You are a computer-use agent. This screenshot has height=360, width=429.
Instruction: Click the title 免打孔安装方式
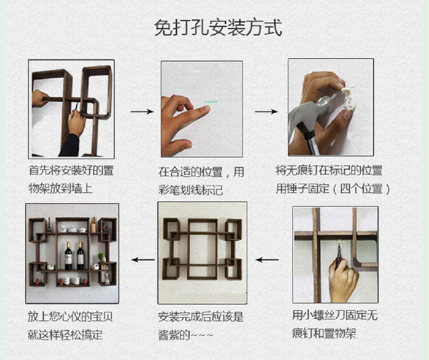[x=218, y=27]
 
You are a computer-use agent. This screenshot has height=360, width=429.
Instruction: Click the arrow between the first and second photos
[x=142, y=112]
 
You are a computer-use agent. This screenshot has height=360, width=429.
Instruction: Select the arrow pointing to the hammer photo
[x=266, y=112]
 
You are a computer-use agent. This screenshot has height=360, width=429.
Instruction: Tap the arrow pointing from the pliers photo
[x=267, y=259]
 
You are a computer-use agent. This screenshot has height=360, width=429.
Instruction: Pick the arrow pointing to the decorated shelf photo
[x=143, y=259]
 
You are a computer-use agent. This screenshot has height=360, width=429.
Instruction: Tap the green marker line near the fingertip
[x=210, y=102]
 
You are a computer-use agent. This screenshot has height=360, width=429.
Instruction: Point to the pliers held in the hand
[x=339, y=256]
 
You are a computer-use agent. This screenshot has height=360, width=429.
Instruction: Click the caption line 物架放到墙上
[x=61, y=189]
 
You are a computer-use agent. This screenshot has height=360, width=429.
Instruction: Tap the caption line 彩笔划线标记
[x=190, y=190]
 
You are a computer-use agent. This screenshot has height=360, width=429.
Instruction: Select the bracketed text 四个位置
[x=361, y=189]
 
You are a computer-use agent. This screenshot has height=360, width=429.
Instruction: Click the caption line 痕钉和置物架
[x=324, y=333]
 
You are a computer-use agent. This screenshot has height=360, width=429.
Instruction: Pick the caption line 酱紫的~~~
[x=185, y=335]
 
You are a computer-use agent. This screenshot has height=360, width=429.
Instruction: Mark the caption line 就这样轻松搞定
[x=65, y=335]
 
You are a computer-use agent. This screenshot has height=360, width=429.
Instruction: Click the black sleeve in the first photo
[x=70, y=145]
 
